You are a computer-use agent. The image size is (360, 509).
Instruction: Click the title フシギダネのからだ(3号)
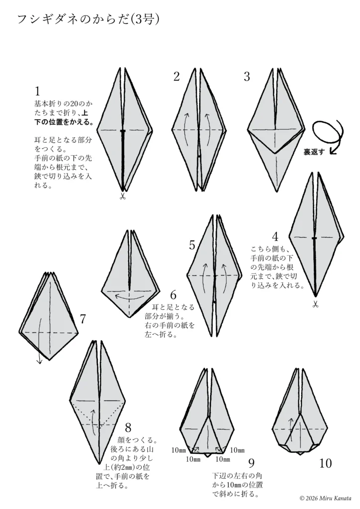tap(88, 19)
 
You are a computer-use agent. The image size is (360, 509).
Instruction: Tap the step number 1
tap(37, 91)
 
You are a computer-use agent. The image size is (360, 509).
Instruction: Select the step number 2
tap(177, 77)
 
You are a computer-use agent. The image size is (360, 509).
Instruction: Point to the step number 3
tap(247, 77)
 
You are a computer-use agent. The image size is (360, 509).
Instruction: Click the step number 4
tap(275, 237)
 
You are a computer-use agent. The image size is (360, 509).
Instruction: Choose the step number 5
tap(192, 245)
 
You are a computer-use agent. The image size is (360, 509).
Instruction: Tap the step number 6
tap(174, 295)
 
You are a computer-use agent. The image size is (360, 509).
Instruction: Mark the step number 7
tap(83, 319)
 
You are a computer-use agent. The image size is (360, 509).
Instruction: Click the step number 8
tap(128, 427)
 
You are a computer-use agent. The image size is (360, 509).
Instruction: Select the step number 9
tap(251, 463)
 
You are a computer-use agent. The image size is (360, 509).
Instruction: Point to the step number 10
tap(325, 463)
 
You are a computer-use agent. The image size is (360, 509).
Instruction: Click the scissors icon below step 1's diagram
tap(122, 196)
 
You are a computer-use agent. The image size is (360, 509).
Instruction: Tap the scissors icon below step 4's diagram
tap(315, 305)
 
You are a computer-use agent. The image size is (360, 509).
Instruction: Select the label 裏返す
tap(314, 152)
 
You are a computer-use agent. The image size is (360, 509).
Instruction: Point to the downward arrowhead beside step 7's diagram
tap(40, 361)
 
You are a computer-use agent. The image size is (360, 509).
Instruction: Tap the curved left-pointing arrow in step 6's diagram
tap(129, 297)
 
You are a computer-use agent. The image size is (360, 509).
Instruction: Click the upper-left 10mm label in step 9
tap(179, 450)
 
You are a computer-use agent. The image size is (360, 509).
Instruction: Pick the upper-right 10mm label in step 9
tap(237, 450)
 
